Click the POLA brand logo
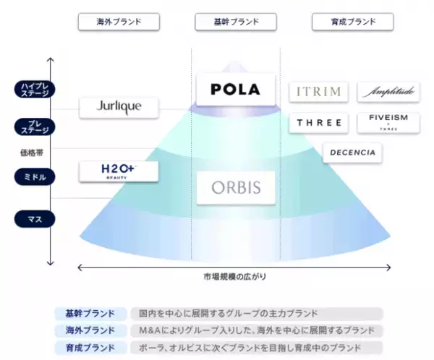coord(236,90)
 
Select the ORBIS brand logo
coord(236,188)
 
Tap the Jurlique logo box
coord(119,108)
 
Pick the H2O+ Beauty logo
coord(119,171)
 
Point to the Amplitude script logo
coord(388,92)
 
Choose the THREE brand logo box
coord(318,123)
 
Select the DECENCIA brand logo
coord(352,153)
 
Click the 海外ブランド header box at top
coord(118,22)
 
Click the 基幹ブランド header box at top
coord(235,22)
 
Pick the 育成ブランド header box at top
coord(352,22)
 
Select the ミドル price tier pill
coord(35,176)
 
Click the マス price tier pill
coord(35,217)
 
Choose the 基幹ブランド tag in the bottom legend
coord(85,313)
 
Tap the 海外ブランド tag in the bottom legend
coord(85,330)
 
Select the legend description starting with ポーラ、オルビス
coord(256,346)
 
